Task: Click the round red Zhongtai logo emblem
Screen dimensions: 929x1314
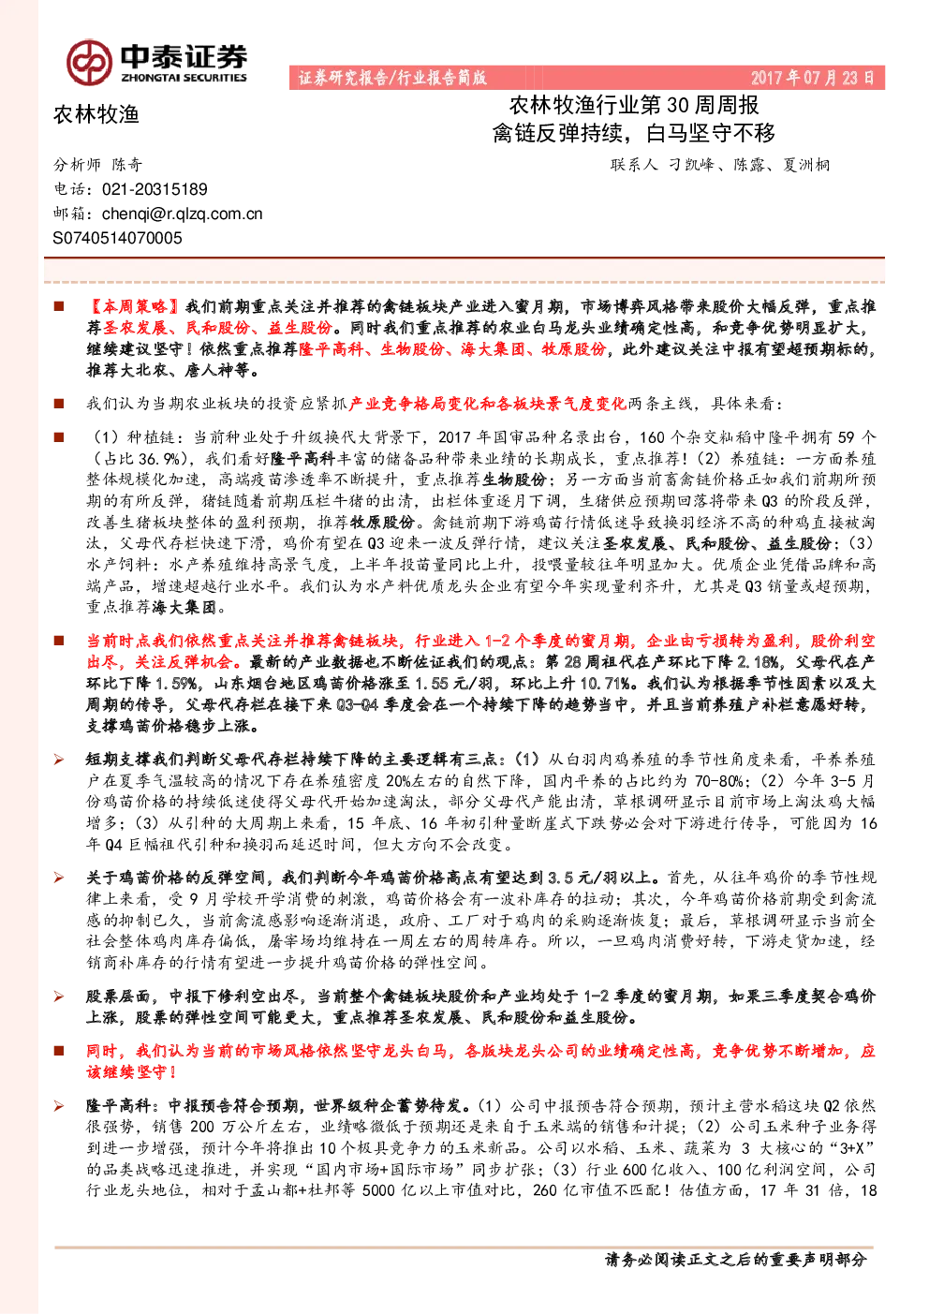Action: point(89,63)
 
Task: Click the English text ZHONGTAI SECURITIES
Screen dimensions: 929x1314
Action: point(184,78)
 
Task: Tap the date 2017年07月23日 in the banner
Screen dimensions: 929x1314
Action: point(812,78)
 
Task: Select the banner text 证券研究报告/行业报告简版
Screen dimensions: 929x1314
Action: point(392,78)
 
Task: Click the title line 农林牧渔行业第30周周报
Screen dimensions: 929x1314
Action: point(634,106)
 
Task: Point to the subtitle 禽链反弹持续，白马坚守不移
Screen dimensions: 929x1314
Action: point(634,133)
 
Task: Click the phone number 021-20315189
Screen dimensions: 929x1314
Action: point(155,189)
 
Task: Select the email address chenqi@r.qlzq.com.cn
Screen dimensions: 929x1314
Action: point(183,214)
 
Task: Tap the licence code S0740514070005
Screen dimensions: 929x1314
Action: point(117,238)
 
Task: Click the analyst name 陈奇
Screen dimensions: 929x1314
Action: point(127,165)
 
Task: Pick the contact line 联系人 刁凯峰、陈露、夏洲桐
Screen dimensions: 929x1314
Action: point(720,165)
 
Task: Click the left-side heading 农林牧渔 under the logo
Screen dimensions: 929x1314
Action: point(96,114)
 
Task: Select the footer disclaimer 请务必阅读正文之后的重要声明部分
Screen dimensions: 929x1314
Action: point(736,1259)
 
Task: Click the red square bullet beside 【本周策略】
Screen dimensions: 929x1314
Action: point(59,306)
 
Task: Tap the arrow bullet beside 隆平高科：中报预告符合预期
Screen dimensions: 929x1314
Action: point(59,1106)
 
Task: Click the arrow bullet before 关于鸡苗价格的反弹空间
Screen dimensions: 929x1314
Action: point(59,878)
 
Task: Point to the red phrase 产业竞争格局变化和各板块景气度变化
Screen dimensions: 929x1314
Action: point(487,404)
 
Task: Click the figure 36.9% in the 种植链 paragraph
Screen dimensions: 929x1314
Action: point(159,458)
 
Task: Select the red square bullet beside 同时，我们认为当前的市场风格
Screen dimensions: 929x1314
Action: point(59,1050)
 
